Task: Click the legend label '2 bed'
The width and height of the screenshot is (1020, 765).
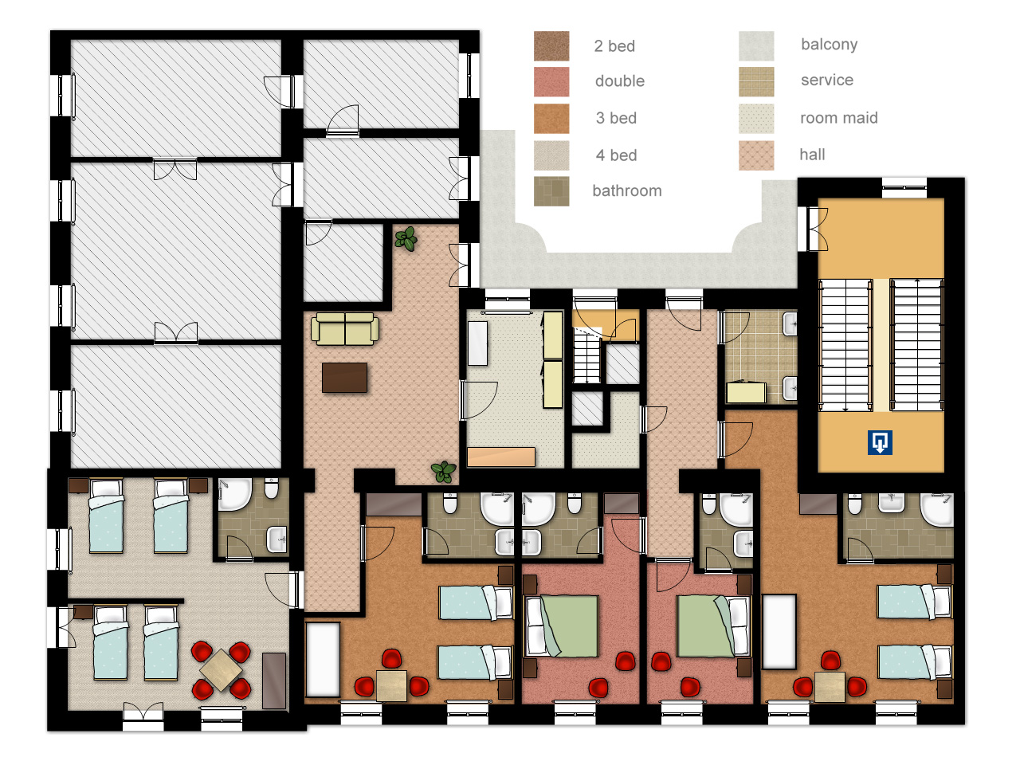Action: tap(614, 46)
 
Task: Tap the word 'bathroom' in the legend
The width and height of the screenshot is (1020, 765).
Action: tap(627, 190)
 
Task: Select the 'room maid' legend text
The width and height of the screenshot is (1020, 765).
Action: tap(839, 117)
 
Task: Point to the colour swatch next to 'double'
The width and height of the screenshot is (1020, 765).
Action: tap(551, 82)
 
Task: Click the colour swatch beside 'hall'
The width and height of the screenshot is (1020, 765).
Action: tap(756, 155)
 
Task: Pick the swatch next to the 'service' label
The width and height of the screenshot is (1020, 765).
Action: tap(756, 82)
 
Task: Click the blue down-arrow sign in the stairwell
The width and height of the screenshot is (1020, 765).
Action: tap(880, 442)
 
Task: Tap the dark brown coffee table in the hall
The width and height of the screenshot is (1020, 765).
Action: tap(344, 378)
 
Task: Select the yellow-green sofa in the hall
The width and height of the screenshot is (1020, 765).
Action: tap(345, 329)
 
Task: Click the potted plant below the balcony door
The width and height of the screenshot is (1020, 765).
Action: tap(406, 239)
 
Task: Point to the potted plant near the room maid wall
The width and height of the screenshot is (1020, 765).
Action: tap(444, 472)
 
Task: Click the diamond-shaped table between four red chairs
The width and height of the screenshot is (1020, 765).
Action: tap(221, 670)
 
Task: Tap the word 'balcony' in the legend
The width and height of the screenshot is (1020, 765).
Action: tap(829, 45)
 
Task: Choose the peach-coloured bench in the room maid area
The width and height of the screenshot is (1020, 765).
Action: tap(501, 457)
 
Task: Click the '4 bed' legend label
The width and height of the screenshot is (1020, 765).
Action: tap(616, 155)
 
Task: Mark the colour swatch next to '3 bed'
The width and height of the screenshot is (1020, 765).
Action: tap(551, 119)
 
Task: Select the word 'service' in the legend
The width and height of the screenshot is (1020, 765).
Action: tap(827, 80)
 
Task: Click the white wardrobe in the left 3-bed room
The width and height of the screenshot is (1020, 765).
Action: tap(323, 660)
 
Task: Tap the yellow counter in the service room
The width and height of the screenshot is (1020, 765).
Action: tap(747, 393)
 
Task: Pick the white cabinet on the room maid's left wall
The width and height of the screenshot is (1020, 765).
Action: tap(477, 343)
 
